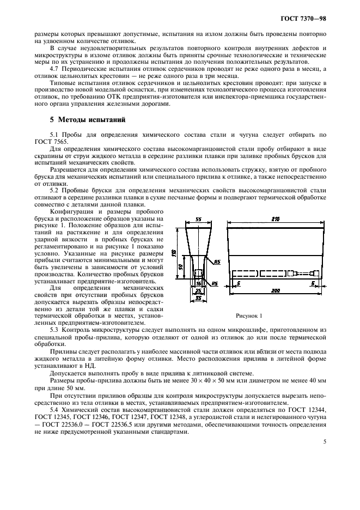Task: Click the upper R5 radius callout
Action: point(216,261)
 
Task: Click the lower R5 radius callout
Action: point(215,283)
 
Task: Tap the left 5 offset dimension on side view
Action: point(239,283)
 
